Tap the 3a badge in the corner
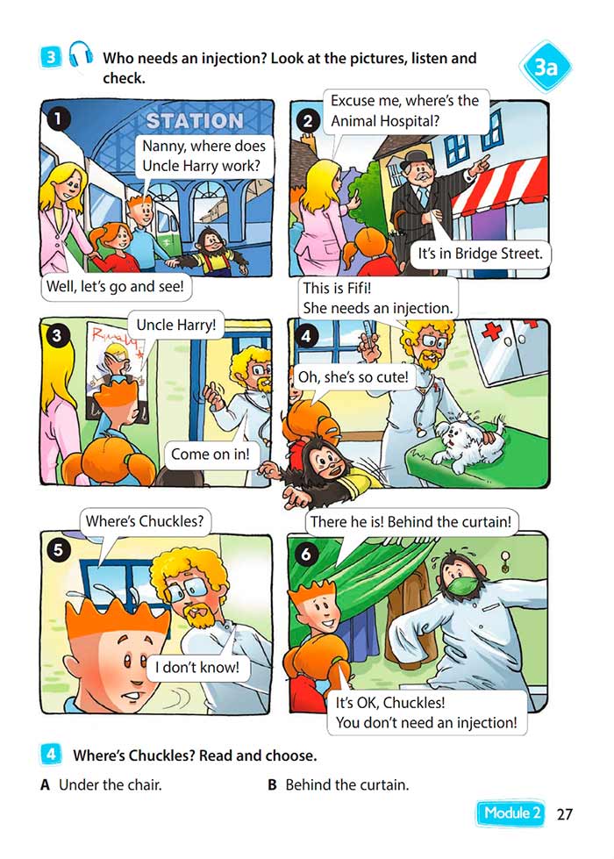(545, 67)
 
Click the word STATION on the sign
(195, 120)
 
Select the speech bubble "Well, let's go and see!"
(116, 287)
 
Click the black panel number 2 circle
(309, 121)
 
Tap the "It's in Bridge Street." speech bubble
(480, 254)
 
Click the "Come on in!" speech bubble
(211, 455)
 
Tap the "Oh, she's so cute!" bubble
(353, 377)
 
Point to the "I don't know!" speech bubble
(197, 667)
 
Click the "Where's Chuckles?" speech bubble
(145, 521)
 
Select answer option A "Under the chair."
(102, 785)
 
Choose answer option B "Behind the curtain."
(339, 785)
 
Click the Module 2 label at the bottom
(512, 813)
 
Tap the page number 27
(564, 814)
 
